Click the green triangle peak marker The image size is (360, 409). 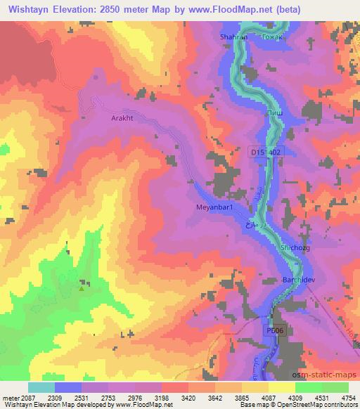[82, 286]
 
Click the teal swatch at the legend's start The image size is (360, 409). [41, 387]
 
